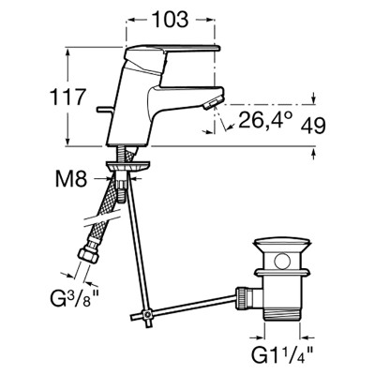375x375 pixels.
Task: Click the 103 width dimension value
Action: tap(171, 20)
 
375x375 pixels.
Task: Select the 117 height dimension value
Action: tap(67, 97)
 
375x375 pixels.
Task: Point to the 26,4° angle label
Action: tap(265, 120)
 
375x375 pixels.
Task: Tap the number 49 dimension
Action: tap(313, 126)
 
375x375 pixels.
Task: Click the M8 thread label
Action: tap(71, 180)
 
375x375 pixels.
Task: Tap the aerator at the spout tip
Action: tap(213, 102)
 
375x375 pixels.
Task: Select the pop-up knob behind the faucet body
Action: tap(105, 110)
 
